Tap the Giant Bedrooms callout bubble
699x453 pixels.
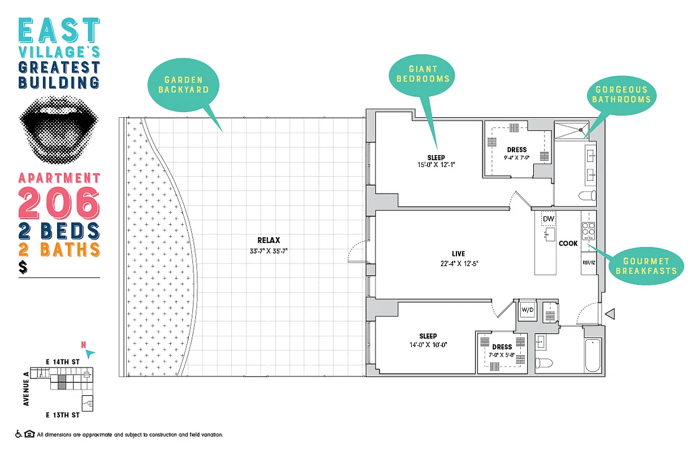(422, 74)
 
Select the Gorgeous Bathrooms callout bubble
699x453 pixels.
(621, 94)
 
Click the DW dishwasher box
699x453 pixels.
(547, 219)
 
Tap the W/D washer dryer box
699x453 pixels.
(527, 310)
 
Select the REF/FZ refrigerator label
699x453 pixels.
(589, 263)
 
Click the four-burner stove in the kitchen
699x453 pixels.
(589, 231)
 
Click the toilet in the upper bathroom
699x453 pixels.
(586, 196)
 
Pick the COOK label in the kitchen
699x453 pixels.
(568, 243)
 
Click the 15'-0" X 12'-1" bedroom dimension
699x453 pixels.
(436, 165)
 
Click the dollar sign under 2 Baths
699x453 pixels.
(23, 267)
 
